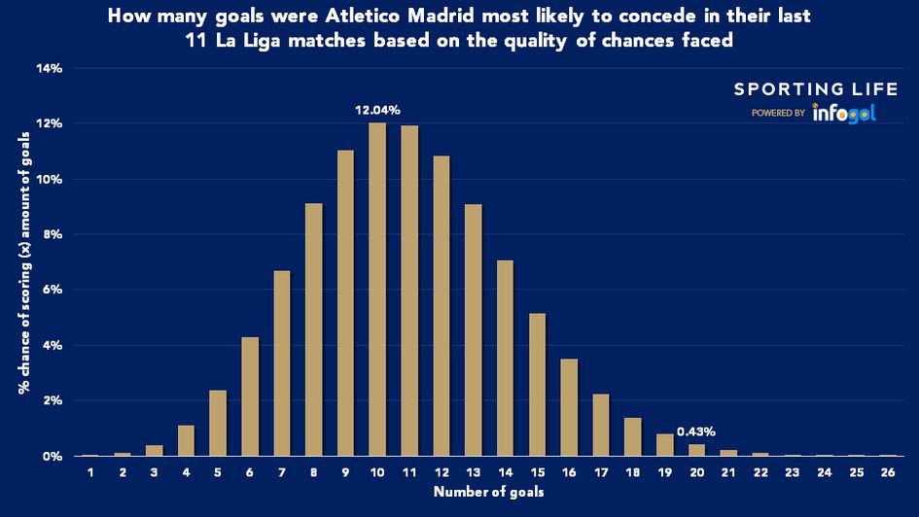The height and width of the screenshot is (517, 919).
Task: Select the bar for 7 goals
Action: [x=281, y=363]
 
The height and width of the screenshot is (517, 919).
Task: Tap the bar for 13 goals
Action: [x=473, y=329]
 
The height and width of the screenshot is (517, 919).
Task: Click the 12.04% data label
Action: [x=377, y=110]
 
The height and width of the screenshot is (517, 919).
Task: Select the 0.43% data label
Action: [x=696, y=431]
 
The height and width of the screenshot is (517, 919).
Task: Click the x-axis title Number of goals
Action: [x=488, y=493]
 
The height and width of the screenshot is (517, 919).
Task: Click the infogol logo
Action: [x=844, y=113]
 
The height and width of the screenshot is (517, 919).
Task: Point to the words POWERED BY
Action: [x=777, y=114]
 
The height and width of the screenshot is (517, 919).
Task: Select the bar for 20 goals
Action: [x=696, y=450]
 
